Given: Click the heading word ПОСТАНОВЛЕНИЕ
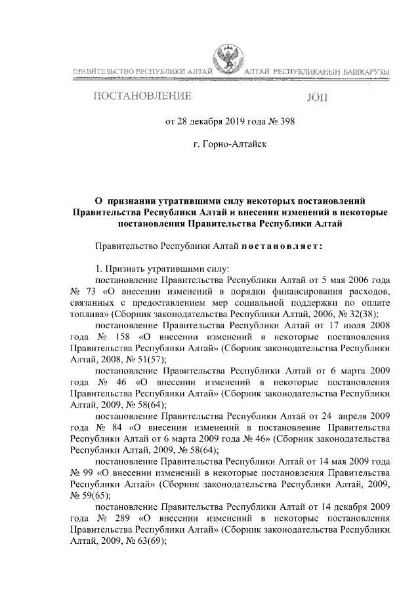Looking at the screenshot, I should (143, 98).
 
